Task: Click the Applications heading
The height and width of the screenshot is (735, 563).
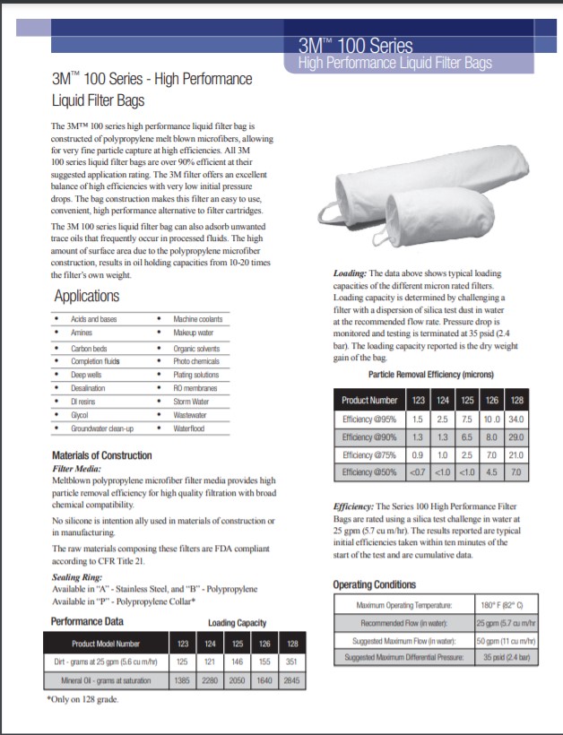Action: (86, 297)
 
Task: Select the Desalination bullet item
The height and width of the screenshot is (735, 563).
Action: (88, 388)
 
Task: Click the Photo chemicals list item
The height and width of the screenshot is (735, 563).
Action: (196, 361)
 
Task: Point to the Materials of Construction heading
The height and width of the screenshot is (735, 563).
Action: (101, 455)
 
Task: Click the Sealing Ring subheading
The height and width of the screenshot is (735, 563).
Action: (79, 578)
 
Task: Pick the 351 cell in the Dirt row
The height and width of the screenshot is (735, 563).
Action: (292, 662)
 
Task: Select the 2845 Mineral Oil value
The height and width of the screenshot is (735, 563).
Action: (292, 681)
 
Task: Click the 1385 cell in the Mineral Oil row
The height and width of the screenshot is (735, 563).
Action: (183, 681)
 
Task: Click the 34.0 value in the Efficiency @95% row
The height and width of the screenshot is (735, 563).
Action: (516, 419)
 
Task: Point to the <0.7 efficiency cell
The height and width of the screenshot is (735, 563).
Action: (417, 472)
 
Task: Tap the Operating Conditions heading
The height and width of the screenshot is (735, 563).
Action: (375, 584)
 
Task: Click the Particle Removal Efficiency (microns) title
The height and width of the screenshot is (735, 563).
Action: (431, 374)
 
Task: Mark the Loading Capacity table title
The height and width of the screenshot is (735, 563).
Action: (237, 623)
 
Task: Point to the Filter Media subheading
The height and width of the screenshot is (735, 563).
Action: (76, 468)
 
